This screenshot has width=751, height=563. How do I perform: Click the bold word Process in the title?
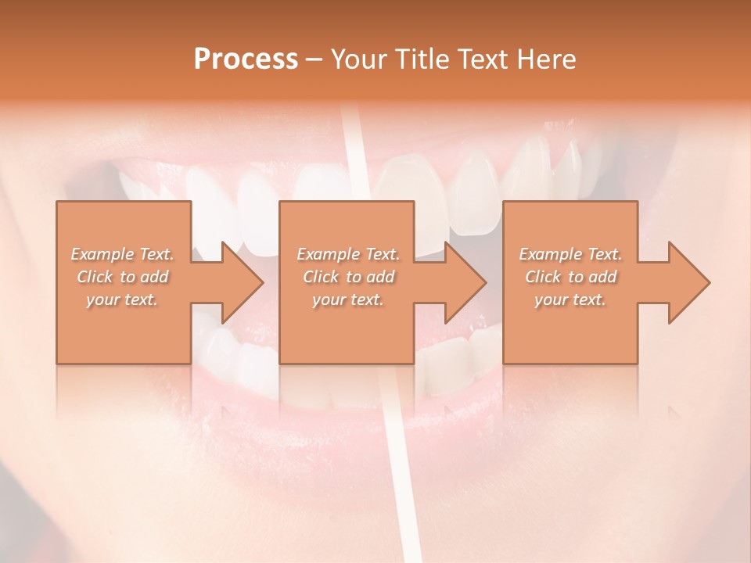pyautogui.click(x=246, y=59)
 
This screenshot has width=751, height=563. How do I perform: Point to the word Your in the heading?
pyautogui.click(x=357, y=59)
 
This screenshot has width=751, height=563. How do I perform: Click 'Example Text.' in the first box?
pyautogui.click(x=123, y=254)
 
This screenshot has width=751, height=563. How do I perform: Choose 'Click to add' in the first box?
pyautogui.click(x=123, y=277)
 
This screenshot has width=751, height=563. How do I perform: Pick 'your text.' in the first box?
pyautogui.click(x=123, y=299)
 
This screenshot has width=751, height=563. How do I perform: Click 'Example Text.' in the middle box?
pyautogui.click(x=348, y=254)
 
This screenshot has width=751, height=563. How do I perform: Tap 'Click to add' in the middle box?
pyautogui.click(x=348, y=277)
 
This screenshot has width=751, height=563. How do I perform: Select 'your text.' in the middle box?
pyautogui.click(x=348, y=299)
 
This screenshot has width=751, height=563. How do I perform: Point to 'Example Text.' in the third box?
pyautogui.click(x=570, y=254)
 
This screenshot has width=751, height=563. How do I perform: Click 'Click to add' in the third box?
pyautogui.click(x=570, y=277)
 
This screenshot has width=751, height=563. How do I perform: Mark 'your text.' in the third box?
pyautogui.click(x=570, y=299)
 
